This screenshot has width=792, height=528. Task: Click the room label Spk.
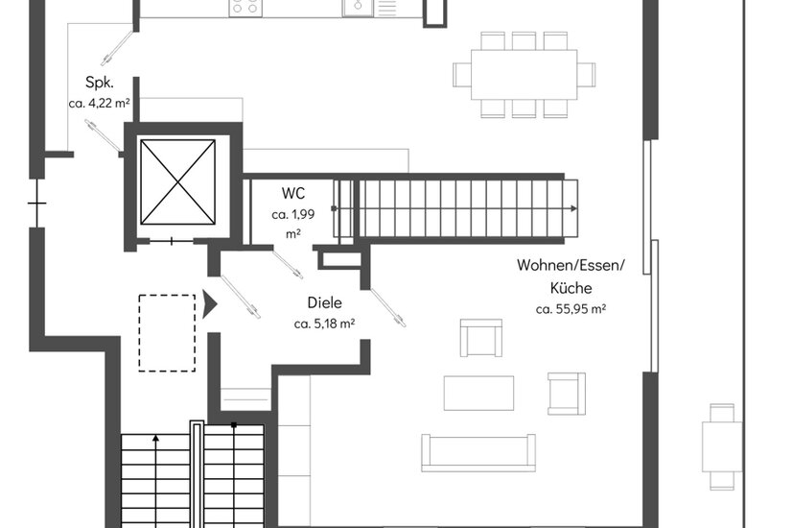point(100,83)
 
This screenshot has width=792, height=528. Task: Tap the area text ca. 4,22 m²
point(100,103)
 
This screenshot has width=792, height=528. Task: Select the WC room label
point(293,193)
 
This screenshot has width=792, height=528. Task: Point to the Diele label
point(325,302)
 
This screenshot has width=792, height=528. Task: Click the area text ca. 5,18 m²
point(324,324)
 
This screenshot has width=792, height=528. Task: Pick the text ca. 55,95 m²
point(571,308)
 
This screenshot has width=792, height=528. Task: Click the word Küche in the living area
point(571,288)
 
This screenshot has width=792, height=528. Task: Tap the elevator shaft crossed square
point(177,182)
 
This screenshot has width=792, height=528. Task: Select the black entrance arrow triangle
point(210,304)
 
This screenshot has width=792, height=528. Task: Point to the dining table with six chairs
point(524,75)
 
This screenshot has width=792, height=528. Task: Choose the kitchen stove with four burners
point(245,8)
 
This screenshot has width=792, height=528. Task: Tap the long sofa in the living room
point(478,453)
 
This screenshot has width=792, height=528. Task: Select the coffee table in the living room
point(478,393)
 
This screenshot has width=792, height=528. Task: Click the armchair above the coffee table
point(481,338)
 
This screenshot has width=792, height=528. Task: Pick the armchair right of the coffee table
point(567,394)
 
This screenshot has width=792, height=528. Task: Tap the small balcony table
point(722,446)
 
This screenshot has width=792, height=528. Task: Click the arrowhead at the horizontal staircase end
point(573,208)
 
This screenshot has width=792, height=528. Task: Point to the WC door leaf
point(288,265)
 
